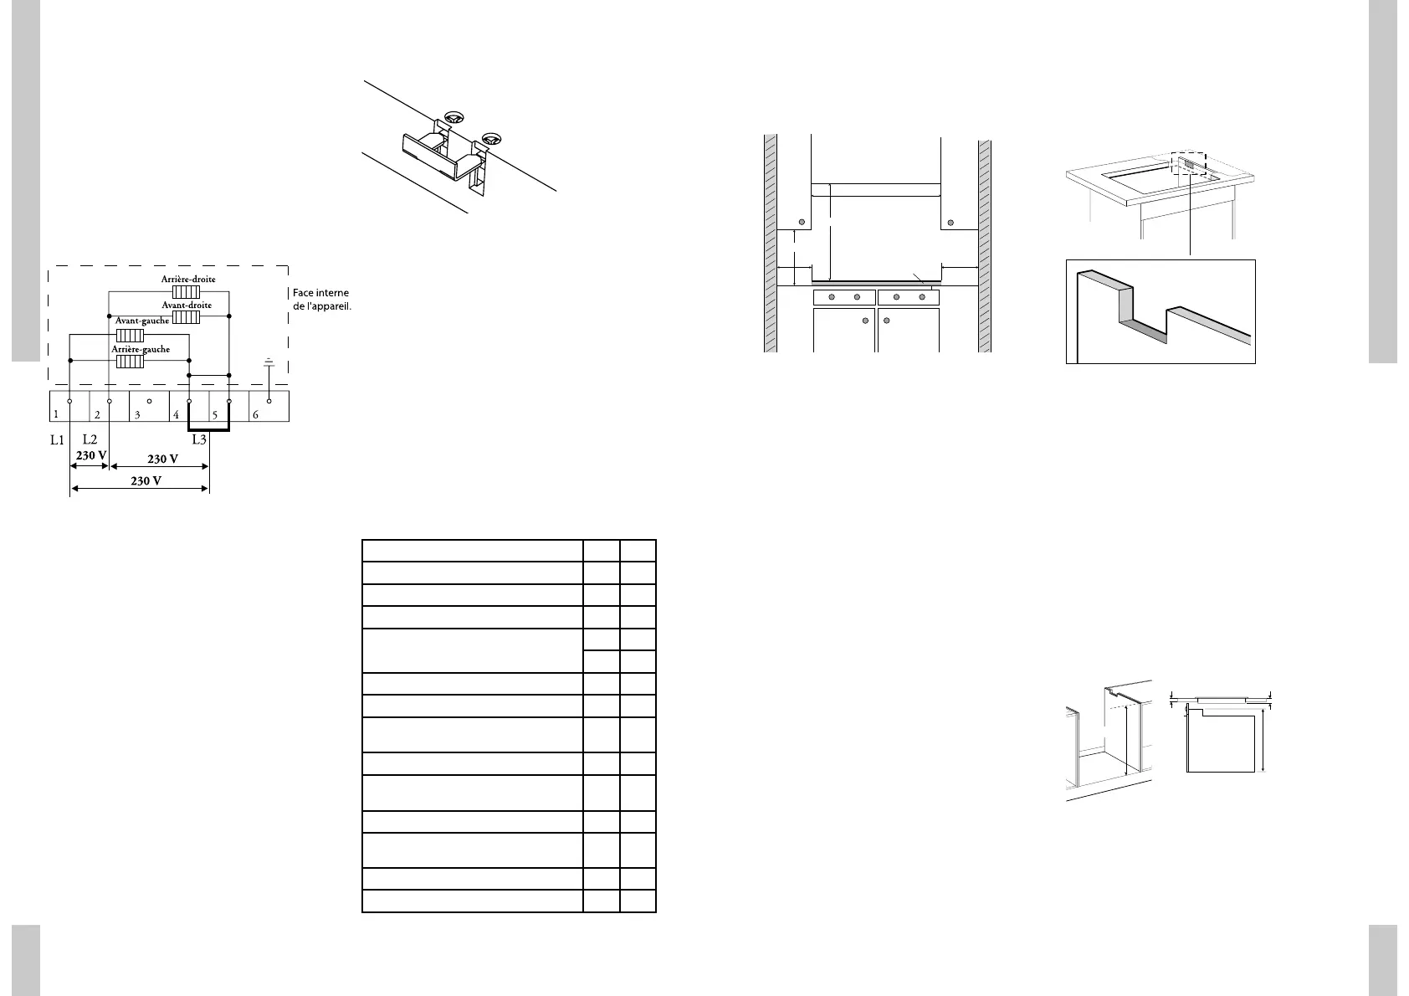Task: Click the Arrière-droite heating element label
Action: [188, 279]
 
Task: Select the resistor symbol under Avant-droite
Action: [186, 317]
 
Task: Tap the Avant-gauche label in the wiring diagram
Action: [141, 321]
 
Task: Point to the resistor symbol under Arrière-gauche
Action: [130, 362]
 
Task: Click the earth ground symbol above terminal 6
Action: [269, 362]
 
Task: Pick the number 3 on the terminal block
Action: [137, 414]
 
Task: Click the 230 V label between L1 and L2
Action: [91, 455]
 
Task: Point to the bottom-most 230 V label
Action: [146, 480]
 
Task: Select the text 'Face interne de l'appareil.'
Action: [320, 299]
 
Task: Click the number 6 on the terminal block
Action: [256, 414]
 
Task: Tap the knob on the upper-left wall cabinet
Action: [802, 223]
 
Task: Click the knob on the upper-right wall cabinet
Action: [950, 223]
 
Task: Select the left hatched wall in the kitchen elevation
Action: [771, 243]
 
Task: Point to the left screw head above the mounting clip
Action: [454, 118]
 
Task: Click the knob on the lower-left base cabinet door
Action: [865, 320]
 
